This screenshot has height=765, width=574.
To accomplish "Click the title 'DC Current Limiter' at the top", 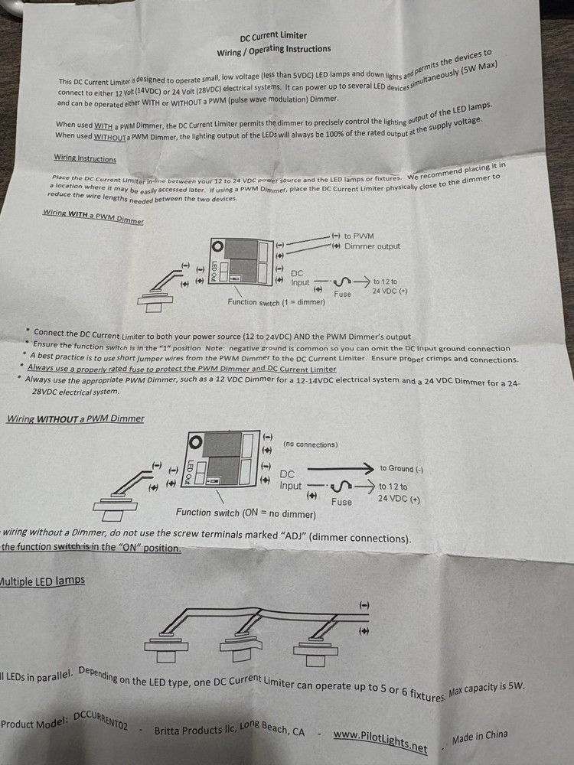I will pyautogui.click(x=273, y=36).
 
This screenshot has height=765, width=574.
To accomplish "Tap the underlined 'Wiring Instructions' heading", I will pyautogui.click(x=85, y=158).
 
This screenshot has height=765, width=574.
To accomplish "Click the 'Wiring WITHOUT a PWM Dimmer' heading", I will pyautogui.click(x=75, y=418).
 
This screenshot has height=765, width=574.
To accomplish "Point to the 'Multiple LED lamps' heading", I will pyautogui.click(x=42, y=581).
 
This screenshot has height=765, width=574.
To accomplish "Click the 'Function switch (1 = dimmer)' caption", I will pyautogui.click(x=276, y=302).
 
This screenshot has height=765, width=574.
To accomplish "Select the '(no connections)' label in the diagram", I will pyautogui.click(x=310, y=444).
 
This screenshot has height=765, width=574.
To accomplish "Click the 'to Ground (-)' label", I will pyautogui.click(x=402, y=468).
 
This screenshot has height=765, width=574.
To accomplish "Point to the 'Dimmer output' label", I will pyautogui.click(x=372, y=246).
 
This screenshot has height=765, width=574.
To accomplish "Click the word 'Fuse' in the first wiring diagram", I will pyautogui.click(x=343, y=294).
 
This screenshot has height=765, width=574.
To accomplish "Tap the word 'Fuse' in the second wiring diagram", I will pyautogui.click(x=341, y=502).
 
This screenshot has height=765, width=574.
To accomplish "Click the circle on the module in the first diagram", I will pyautogui.click(x=217, y=246).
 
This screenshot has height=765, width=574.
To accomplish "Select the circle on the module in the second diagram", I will pyautogui.click(x=196, y=441).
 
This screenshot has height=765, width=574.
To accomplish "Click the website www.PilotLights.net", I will pyautogui.click(x=380, y=739).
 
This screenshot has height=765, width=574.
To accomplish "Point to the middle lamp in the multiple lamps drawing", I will pyautogui.click(x=240, y=646).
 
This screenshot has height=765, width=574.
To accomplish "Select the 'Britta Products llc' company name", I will pyautogui.click(x=187, y=731).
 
